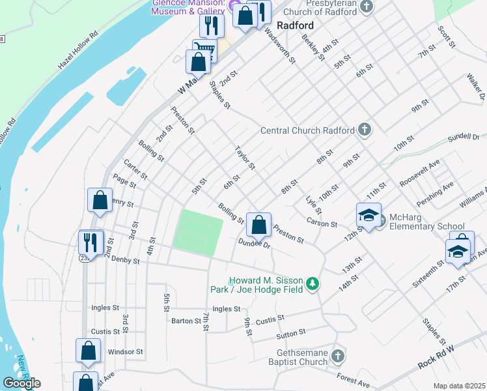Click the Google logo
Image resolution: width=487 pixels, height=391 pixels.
coord(21,383)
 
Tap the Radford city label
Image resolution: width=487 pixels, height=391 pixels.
coord(295,25)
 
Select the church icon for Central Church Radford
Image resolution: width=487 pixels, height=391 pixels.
coord(365,130)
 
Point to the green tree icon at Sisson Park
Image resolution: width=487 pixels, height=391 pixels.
coord(313,284)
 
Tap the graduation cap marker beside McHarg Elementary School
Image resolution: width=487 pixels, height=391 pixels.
coord(369,216)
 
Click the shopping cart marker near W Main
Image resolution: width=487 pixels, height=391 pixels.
coord(204,51)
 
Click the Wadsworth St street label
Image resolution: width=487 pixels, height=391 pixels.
coord(281,47)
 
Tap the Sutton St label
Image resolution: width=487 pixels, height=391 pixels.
coord(290,333)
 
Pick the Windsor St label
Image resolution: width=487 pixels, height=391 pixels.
coord(125,351)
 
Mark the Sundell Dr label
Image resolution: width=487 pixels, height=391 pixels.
coord(463,139)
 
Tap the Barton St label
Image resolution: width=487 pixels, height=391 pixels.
coord(186,321)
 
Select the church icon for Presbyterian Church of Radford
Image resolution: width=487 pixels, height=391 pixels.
coord(367,7)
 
